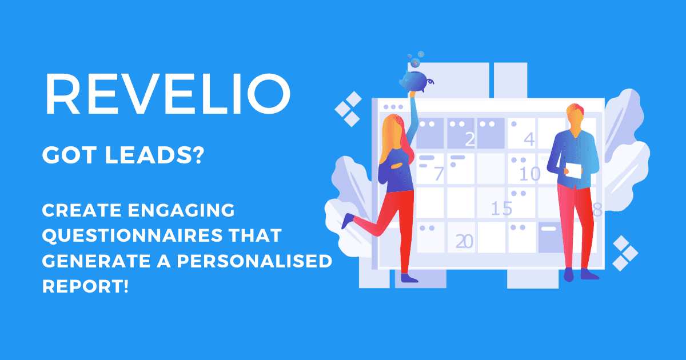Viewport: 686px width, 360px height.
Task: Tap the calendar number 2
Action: (470, 139)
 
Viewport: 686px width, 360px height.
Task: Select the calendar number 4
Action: (529, 139)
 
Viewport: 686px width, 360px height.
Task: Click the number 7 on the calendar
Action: (438, 173)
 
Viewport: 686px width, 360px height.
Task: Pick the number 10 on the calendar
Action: (529, 173)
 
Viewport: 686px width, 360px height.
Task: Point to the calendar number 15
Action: (501, 209)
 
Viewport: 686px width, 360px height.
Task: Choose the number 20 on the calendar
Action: (464, 242)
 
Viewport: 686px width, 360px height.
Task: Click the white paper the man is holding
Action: (573, 170)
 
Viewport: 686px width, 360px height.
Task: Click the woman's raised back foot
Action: (346, 222)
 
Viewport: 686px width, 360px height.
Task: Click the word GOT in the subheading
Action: (65, 155)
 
